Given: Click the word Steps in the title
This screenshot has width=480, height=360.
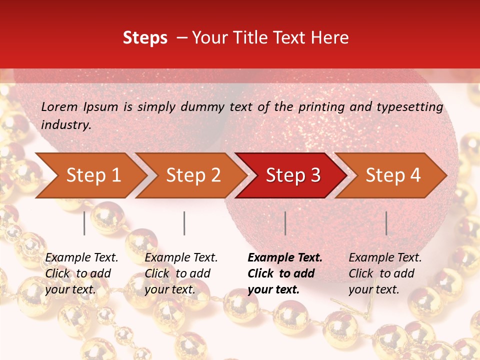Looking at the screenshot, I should (145, 38).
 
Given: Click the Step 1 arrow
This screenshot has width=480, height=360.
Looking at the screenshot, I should (93, 175).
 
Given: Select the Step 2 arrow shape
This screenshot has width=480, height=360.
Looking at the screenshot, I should (193, 175).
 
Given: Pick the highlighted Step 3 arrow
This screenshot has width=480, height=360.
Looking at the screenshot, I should (293, 175).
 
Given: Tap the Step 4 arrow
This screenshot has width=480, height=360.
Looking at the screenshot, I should (393, 175).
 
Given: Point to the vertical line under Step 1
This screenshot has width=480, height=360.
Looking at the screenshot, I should (84, 223).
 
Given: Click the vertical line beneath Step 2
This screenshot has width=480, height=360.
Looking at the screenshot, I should (184, 223).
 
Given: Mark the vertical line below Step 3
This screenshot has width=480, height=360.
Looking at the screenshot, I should (285, 223).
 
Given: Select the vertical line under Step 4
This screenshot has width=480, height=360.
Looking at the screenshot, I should (386, 223).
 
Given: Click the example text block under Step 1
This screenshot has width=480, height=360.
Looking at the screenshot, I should (81, 273).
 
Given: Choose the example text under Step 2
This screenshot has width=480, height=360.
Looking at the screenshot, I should (181, 273).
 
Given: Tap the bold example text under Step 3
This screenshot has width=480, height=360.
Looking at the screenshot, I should (285, 273).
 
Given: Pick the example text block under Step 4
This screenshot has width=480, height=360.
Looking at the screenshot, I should (385, 273).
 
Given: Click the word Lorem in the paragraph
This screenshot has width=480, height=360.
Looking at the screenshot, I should (59, 106).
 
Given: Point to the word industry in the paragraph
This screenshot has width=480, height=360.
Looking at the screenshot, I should (66, 125).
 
